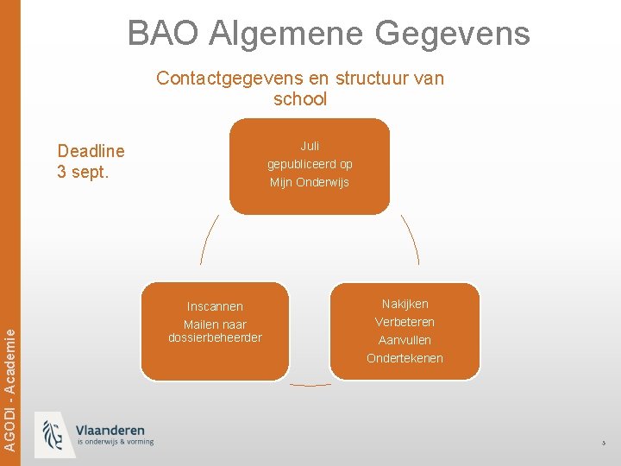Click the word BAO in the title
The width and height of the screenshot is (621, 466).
163,33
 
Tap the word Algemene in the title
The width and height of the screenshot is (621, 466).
286,33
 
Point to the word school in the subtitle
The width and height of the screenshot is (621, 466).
300,99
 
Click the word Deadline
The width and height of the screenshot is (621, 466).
91,151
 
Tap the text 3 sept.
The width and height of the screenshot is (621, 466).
84,171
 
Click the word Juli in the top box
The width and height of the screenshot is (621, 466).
310,146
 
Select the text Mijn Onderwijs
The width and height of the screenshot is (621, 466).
310,182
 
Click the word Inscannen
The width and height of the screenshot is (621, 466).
215,306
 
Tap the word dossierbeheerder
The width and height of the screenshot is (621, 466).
215,337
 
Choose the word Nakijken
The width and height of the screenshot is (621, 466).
405,304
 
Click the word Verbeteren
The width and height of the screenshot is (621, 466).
405,322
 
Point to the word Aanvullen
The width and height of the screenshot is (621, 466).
405,340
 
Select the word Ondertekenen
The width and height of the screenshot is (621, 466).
405,358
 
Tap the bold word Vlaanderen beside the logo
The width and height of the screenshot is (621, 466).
110,430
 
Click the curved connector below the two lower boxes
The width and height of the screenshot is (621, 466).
310,385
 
